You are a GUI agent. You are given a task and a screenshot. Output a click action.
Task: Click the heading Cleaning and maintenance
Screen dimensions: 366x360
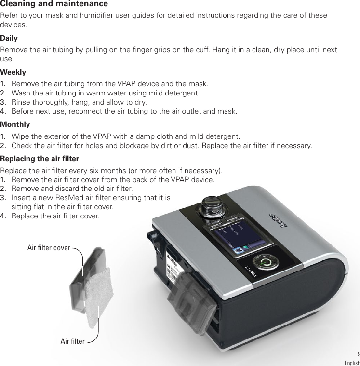pos(54,4)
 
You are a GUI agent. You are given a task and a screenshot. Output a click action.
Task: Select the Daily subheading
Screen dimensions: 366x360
pos(9,38)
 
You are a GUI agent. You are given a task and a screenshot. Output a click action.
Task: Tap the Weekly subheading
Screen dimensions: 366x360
pos(13,72)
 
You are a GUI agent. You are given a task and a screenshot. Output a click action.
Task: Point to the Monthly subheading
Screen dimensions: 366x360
pos(15,124)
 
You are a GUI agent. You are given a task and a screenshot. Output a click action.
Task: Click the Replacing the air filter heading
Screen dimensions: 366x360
pos(40,159)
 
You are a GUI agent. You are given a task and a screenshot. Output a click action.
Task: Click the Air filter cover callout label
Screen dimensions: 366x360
pos(49,248)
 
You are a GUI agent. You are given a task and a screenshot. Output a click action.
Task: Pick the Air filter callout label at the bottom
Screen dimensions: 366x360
pos(72,341)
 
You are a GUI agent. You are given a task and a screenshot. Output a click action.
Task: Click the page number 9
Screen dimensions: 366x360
pos(358,353)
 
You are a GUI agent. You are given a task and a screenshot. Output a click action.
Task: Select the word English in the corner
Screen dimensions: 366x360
pos(351,363)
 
